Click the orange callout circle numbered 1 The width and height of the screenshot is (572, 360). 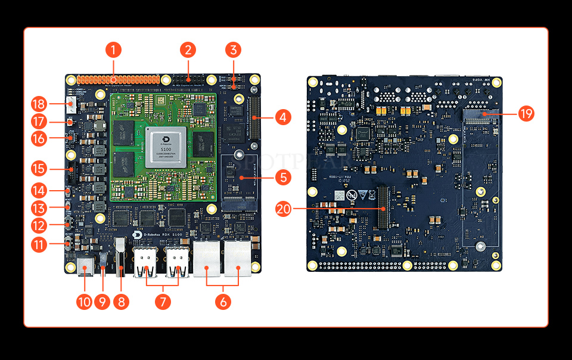click(x=113, y=49)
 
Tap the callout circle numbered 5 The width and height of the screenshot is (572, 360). click(x=282, y=176)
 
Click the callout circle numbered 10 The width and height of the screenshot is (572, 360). click(x=84, y=302)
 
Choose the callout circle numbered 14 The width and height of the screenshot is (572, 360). click(x=39, y=191)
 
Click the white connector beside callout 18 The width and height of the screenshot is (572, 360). click(x=71, y=105)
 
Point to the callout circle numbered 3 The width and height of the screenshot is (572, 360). click(x=234, y=49)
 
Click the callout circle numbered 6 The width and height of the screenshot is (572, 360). click(x=223, y=302)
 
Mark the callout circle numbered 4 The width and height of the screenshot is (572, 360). click(x=282, y=117)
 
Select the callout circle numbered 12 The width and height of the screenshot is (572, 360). click(x=39, y=226)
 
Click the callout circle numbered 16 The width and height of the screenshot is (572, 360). click(x=39, y=139)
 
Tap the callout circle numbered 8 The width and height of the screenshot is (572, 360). click(x=122, y=302)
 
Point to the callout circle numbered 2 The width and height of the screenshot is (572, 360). click(x=188, y=49)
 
